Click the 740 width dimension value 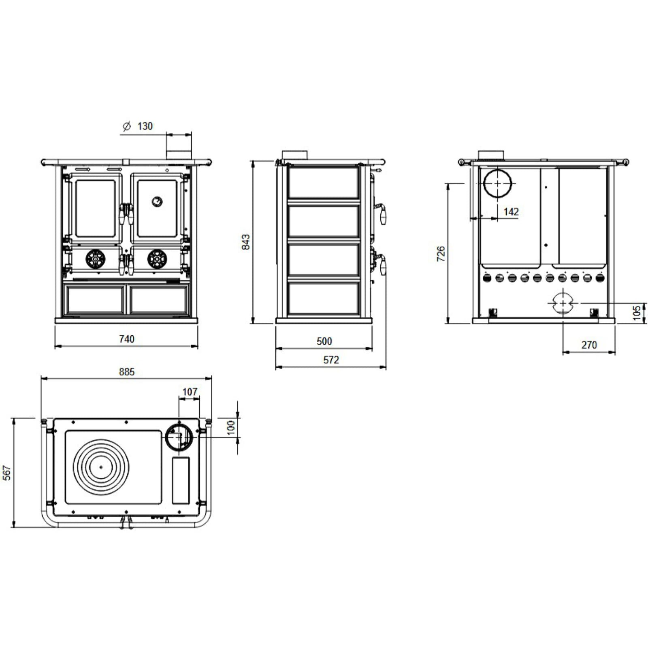[x=127, y=339]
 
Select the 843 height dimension [x=246, y=242]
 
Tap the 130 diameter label [x=145, y=126]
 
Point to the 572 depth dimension [x=331, y=360]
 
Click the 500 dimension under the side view [x=324, y=341]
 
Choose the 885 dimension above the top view [x=127, y=372]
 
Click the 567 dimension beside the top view [x=7, y=473]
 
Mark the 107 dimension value [x=190, y=392]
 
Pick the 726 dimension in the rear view [x=441, y=253]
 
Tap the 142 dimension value [x=511, y=212]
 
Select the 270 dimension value [x=589, y=345]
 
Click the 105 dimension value [x=637, y=313]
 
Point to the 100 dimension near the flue [x=231, y=427]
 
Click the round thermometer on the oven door [x=157, y=201]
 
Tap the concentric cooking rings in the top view [x=101, y=467]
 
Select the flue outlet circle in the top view [x=179, y=436]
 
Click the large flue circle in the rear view [x=497, y=183]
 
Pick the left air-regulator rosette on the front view [x=95, y=258]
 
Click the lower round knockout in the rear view [x=563, y=303]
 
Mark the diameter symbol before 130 [x=126, y=126]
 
